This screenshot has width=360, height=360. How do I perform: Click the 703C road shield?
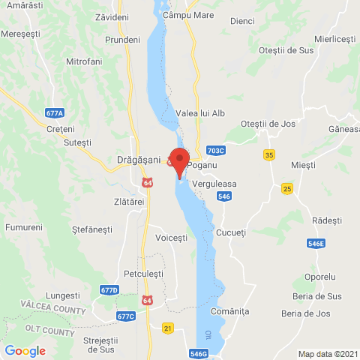[x=215, y=150]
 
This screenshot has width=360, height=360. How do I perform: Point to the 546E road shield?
[x=316, y=244]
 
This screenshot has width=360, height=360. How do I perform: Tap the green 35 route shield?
[x=269, y=154]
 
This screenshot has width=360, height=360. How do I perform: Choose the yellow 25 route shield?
[x=286, y=187]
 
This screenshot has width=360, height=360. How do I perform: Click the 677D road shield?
[x=109, y=289]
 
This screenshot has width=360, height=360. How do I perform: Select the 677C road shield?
[x=126, y=316]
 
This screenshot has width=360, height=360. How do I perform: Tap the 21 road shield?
[x=168, y=328]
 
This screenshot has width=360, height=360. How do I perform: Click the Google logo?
[x=25, y=350]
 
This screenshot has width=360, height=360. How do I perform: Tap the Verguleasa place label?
[x=214, y=182]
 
